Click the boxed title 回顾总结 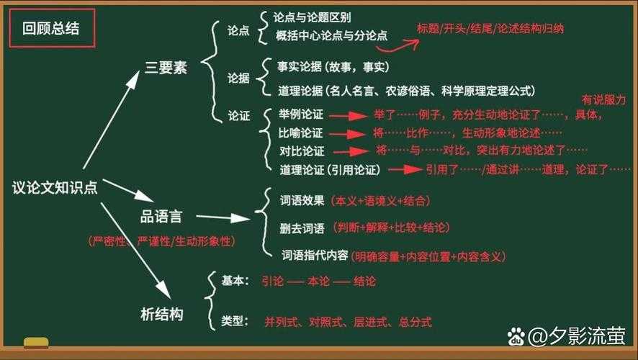[51, 29]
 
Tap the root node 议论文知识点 [55, 186]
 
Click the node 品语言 [161, 216]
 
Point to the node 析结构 [161, 314]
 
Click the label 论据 [238, 78]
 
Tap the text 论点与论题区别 [313, 17]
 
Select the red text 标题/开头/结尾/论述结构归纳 [490, 29]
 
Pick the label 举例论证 [301, 115]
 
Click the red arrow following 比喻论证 [348, 134]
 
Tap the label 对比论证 [302, 151]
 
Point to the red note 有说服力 [603, 99]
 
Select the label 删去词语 [302, 228]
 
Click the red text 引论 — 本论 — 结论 [318, 282]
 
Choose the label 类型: [235, 320]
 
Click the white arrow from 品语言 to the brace [223, 216]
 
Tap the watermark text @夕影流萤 [575, 336]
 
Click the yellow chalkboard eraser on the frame [35, 342]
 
